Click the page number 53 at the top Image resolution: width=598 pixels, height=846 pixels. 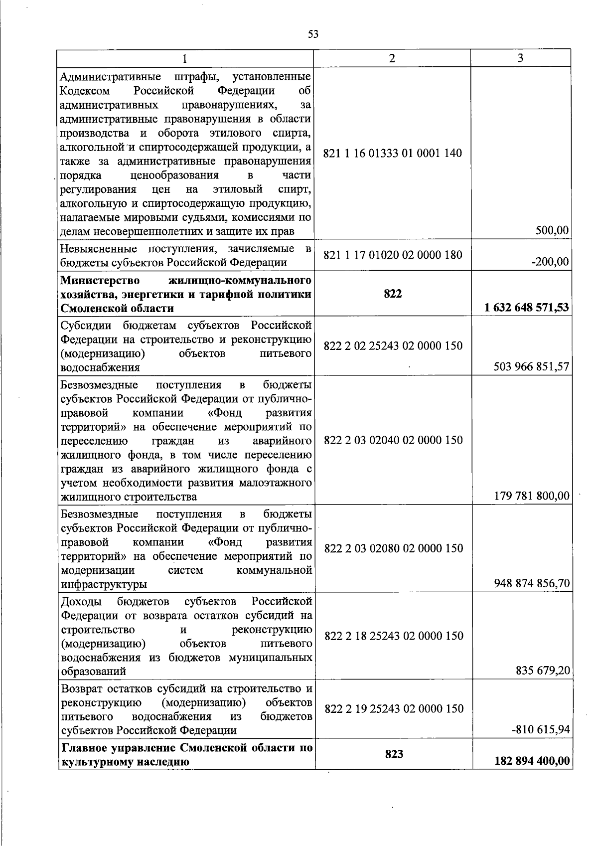313,34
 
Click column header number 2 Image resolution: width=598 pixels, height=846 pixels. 392,58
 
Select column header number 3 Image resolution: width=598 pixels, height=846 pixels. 520,58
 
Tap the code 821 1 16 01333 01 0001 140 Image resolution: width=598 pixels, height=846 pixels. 393,154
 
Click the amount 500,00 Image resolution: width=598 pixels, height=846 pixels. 552,230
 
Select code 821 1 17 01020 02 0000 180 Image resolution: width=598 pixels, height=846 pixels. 393,255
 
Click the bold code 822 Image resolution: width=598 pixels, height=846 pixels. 393,294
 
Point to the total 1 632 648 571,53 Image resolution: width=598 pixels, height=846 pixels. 527,308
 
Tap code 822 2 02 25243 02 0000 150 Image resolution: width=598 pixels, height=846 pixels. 393,345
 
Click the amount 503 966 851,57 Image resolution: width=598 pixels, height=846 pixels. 531,367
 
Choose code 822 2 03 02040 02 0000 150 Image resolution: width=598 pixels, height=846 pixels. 393,440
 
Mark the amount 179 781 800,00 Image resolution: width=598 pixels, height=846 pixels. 532,496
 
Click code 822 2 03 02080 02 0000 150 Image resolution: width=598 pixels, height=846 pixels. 394,548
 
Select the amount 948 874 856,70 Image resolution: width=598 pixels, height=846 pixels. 532,583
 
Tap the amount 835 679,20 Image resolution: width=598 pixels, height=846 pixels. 543,671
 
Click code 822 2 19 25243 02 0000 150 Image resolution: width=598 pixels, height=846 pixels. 394,708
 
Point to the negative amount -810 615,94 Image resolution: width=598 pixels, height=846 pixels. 540,730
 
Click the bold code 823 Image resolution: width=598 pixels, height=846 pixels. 394,754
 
